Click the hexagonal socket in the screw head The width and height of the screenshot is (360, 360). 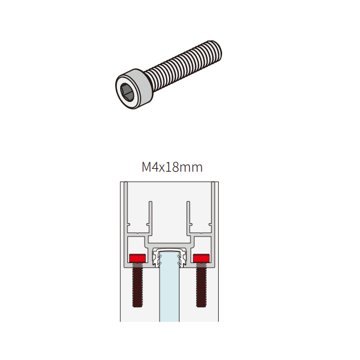(126, 92)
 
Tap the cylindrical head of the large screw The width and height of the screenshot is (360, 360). (133, 89)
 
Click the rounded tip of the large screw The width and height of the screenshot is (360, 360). (217, 51)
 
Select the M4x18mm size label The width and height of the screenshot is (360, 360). (172, 167)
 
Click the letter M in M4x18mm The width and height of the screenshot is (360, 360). (147, 167)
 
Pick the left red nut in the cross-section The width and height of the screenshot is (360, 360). (137, 258)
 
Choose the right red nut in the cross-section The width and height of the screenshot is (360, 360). (201, 258)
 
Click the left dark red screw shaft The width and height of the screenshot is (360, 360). (137, 285)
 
